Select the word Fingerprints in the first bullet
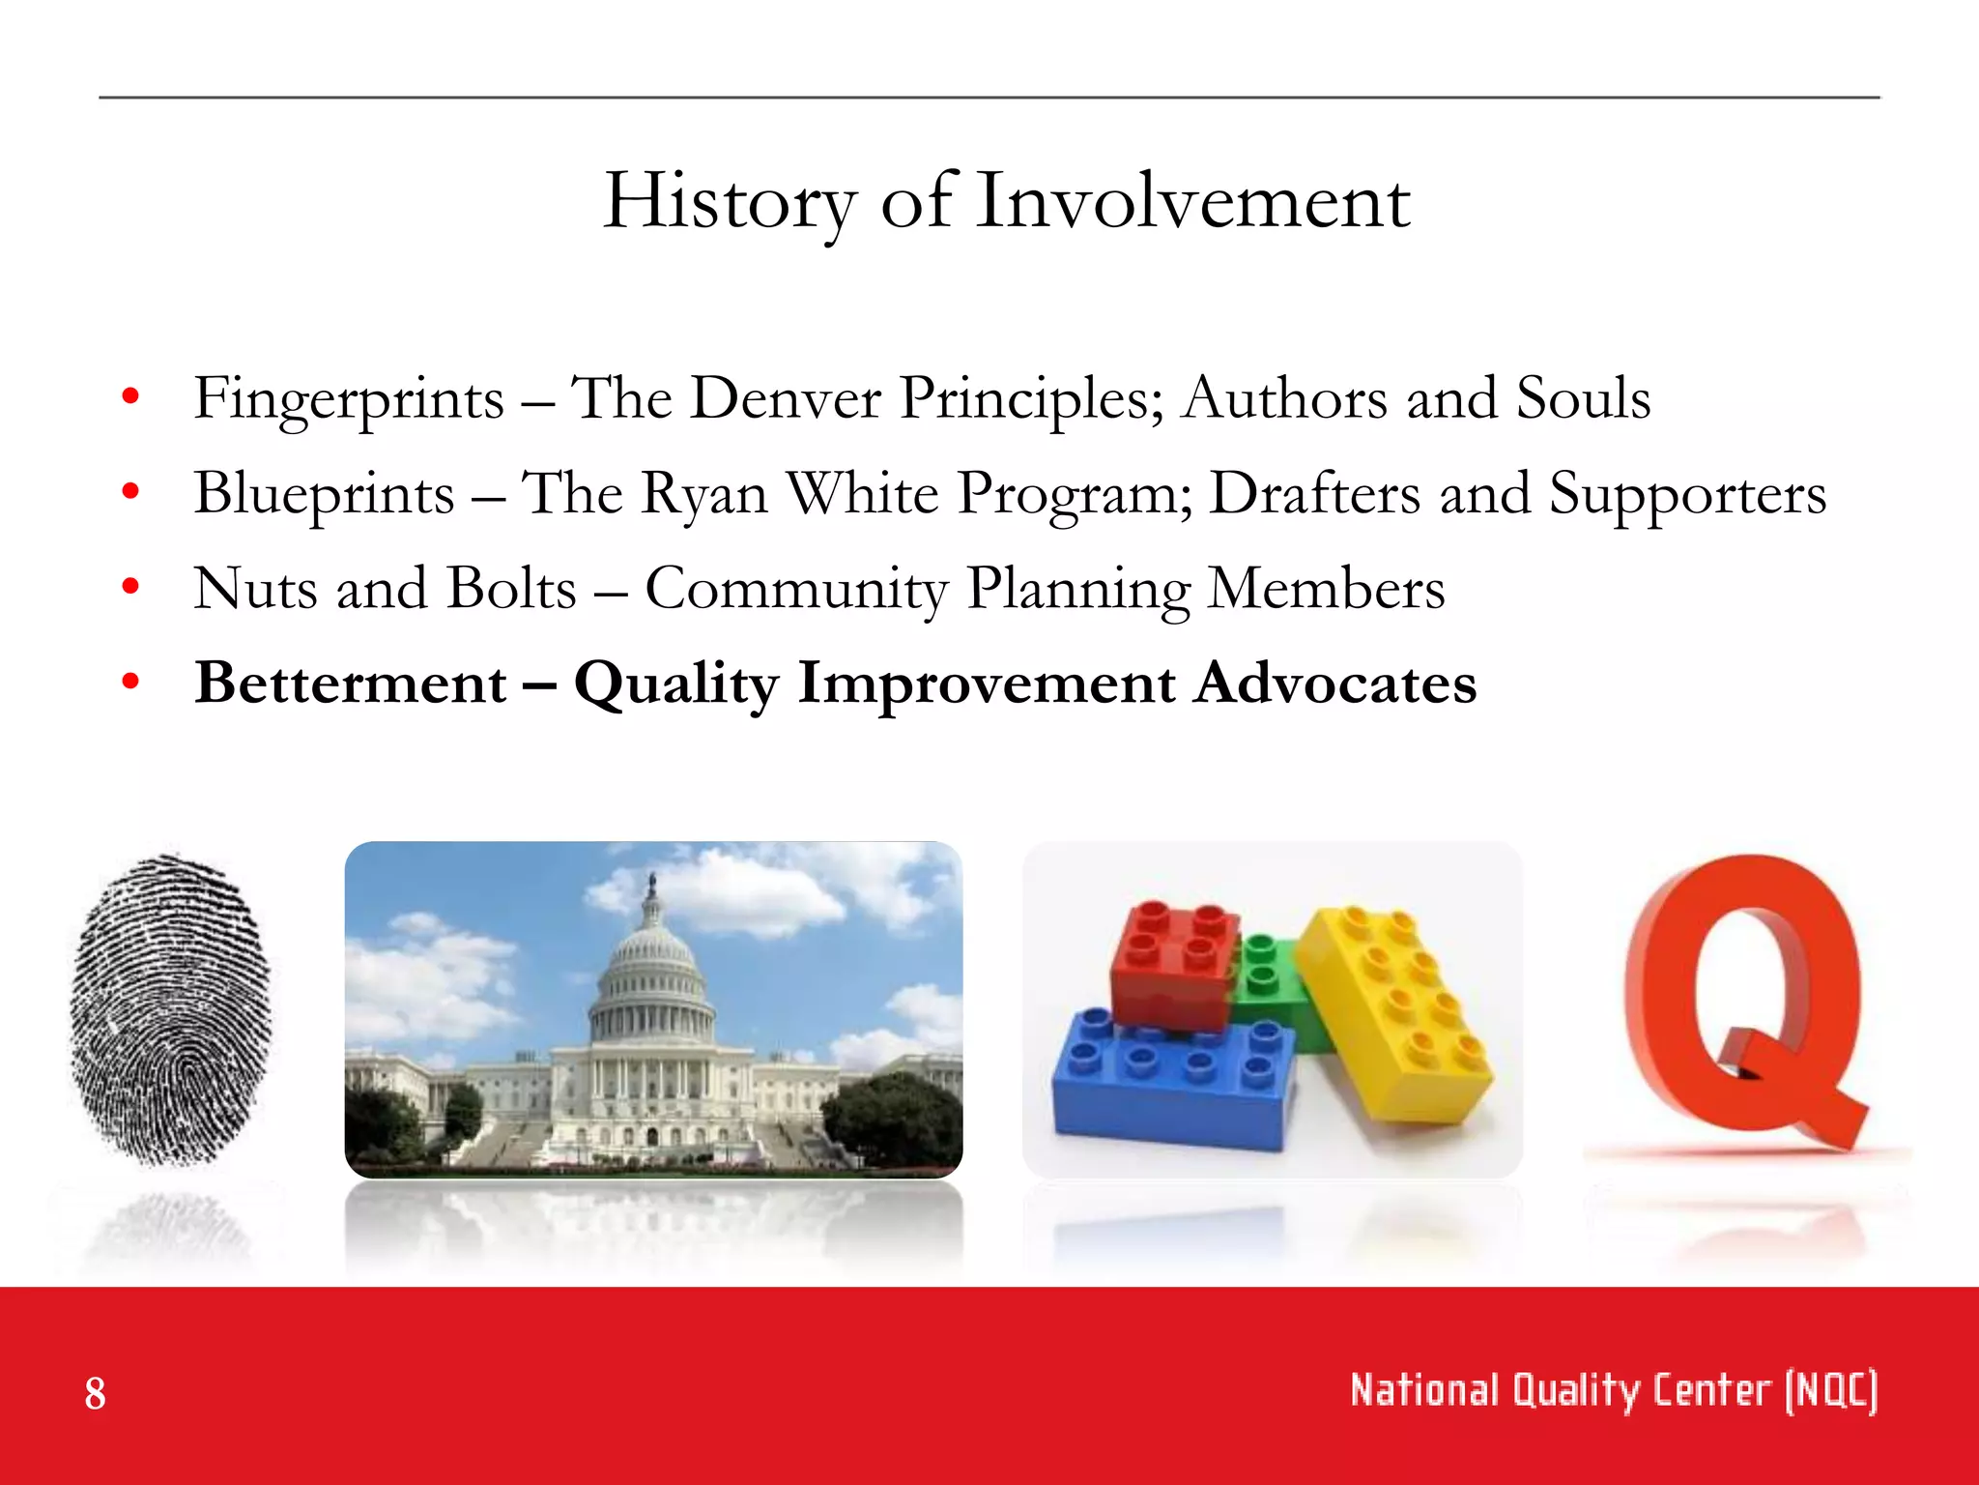349,399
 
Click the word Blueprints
324,494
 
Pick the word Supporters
1687,494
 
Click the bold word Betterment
351,683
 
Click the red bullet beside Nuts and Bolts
130,586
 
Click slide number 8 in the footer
95,1393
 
